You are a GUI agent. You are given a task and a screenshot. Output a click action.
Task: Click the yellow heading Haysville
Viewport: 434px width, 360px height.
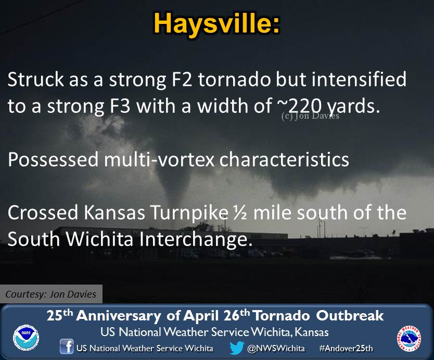(216, 24)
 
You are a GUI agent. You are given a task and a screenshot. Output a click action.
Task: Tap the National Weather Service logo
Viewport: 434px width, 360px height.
(409, 338)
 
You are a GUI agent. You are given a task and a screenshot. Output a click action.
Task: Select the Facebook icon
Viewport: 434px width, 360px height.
(67, 346)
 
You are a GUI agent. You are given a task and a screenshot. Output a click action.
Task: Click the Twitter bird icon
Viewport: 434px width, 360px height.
(237, 348)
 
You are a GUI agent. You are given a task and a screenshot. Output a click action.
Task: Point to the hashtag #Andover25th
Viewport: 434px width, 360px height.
(346, 348)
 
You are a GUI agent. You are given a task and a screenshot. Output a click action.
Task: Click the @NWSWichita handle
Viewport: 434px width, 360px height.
(276, 348)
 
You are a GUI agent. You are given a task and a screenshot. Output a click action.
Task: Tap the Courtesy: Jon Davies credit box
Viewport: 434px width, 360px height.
(51, 294)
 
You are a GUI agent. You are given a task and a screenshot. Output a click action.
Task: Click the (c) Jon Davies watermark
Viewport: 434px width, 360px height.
(310, 115)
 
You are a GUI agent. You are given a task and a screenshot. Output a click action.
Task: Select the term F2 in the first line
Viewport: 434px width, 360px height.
(182, 80)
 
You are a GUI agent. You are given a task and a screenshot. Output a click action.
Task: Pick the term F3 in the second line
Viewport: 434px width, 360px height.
(120, 106)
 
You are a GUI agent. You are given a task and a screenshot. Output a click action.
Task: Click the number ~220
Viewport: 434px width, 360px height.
(299, 106)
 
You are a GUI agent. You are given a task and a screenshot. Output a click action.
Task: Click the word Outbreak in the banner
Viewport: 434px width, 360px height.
(350, 316)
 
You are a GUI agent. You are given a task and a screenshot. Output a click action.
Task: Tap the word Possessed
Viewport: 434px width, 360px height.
(53, 159)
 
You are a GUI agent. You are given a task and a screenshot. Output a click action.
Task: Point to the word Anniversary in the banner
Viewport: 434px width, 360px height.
(119, 316)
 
